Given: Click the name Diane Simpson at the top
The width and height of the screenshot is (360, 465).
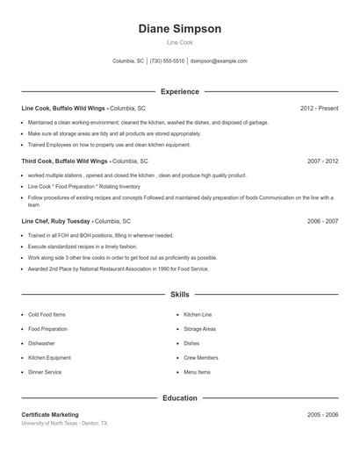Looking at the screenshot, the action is [179, 29].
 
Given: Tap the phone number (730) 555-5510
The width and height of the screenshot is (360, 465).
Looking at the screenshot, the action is [167, 61].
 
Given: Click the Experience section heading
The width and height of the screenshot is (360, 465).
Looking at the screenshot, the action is [179, 91].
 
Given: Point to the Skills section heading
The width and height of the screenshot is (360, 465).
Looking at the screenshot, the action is [179, 295].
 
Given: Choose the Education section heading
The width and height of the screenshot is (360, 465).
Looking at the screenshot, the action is [179, 398].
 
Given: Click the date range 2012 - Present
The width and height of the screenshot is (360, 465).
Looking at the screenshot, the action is [319, 108].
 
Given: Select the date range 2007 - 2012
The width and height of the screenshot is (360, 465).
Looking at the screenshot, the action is [322, 161].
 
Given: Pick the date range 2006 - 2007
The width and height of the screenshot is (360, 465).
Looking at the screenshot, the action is [322, 222].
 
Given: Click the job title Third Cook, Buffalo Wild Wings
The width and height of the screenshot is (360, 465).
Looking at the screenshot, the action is [65, 161].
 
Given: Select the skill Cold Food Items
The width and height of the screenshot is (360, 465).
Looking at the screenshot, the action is [47, 314].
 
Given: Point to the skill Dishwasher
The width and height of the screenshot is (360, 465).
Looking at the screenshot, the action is [41, 343].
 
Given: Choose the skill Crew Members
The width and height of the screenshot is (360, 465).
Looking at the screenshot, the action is [201, 358].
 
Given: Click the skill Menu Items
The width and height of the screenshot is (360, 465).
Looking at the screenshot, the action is [197, 372].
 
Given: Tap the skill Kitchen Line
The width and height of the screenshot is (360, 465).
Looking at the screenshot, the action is [198, 314].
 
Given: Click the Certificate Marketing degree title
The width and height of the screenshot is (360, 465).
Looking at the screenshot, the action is [50, 414].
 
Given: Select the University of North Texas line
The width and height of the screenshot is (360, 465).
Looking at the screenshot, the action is [65, 423].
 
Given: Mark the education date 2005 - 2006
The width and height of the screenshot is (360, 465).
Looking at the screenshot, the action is [322, 414].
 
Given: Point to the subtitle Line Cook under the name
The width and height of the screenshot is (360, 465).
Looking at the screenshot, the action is [179, 42].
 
